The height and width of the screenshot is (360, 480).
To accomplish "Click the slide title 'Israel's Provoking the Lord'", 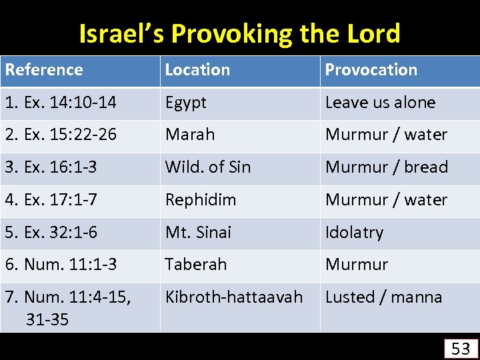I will [x=239, y=33].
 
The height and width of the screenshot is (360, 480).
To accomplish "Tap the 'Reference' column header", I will [x=44, y=70].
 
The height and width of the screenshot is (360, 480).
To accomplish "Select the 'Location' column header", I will [x=197, y=70].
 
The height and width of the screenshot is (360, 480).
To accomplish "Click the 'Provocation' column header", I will [x=371, y=70].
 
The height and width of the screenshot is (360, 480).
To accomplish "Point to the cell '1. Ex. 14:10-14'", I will [x=61, y=103].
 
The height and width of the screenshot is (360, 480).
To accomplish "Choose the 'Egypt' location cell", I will [x=186, y=103].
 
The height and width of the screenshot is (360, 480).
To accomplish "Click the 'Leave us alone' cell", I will [x=380, y=103].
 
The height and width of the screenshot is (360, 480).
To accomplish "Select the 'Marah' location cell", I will [x=190, y=135].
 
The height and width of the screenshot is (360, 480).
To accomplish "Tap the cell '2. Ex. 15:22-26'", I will [x=61, y=135].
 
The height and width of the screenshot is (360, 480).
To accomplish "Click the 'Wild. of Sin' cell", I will [x=208, y=167].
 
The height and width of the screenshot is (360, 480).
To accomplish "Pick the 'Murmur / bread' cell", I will [x=387, y=167].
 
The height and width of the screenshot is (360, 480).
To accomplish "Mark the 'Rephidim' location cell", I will [x=201, y=199].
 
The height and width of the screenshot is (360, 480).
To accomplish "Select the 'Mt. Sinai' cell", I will [x=198, y=232].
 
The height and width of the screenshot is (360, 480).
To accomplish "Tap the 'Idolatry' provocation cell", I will [x=354, y=232].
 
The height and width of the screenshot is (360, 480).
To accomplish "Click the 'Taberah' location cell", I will [x=196, y=264].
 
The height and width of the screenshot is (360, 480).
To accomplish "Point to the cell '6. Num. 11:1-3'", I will [x=61, y=264].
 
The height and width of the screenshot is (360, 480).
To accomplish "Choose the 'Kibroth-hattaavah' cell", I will [x=234, y=297].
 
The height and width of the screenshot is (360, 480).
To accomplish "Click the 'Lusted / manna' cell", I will [x=383, y=297].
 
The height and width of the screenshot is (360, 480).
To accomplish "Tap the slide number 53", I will [x=461, y=348].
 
